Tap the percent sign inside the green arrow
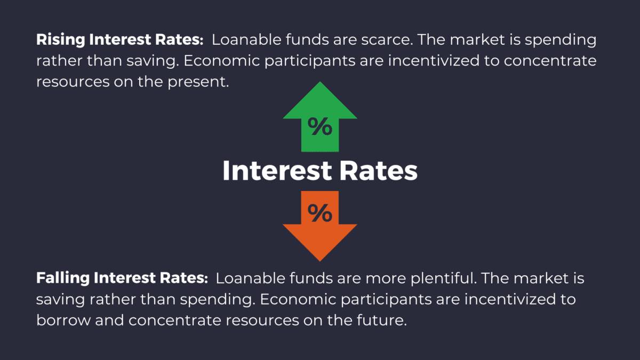[320, 128]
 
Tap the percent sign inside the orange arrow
[320, 213]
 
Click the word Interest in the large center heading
[277, 171]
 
